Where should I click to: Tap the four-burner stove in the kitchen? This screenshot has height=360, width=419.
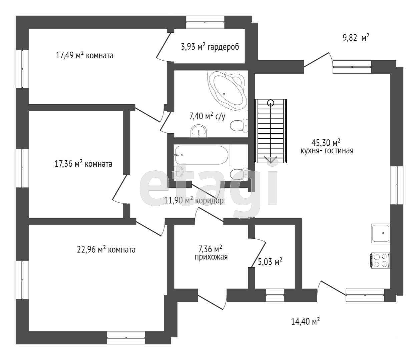[380, 261]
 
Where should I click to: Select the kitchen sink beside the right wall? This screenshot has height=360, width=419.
[381, 233]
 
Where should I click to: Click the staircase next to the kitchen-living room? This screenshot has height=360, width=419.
[271, 131]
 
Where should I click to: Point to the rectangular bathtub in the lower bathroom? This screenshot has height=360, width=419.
[202, 155]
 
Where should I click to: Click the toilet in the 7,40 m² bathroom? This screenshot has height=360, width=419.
[239, 126]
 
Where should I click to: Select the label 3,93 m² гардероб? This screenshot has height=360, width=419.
[210, 47]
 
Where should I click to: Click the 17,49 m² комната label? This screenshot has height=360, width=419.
[84, 55]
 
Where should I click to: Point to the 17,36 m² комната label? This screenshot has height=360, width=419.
[83, 163]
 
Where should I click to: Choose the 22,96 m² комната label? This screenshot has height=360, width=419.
[106, 249]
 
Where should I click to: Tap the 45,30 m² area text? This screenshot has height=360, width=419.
[326, 143]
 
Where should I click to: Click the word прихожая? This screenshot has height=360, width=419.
[211, 257]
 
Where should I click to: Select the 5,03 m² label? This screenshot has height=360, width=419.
[270, 262]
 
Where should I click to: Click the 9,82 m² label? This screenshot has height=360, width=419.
[356, 38]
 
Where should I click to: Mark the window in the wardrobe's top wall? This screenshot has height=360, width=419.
[205, 22]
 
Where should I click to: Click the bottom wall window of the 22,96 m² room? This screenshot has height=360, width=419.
[126, 338]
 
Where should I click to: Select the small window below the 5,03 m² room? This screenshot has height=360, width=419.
[275, 295]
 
